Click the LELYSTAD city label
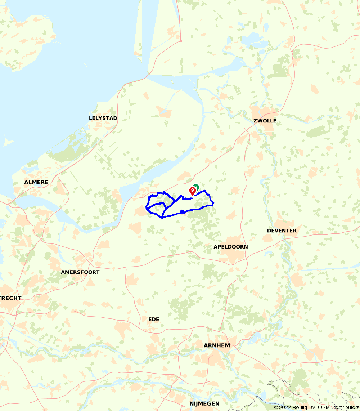click(x=103, y=118)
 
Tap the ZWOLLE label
click(x=265, y=121)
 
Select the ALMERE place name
click(x=36, y=182)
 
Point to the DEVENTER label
click(x=282, y=231)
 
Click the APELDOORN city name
click(x=230, y=247)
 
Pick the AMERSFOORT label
click(x=80, y=272)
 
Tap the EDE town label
click(x=154, y=319)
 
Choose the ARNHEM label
click(x=217, y=345)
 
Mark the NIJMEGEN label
click(x=204, y=403)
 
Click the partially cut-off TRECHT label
click(x=11, y=298)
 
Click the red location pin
click(x=193, y=191)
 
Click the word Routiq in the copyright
click(x=299, y=407)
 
